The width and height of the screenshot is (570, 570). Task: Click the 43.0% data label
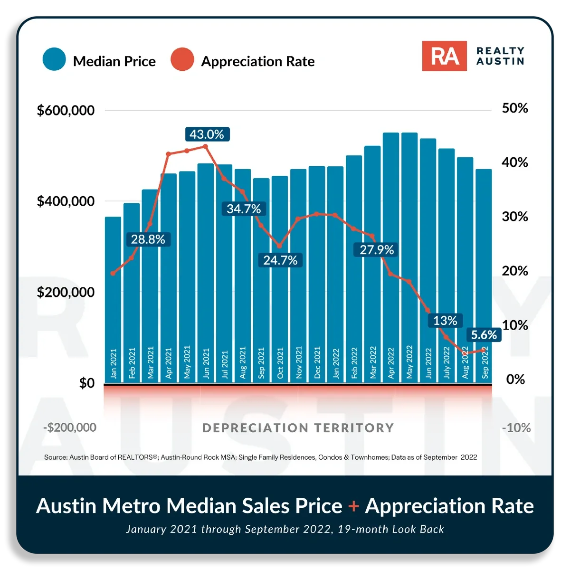(x=207, y=134)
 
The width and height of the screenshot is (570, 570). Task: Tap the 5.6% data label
(x=484, y=334)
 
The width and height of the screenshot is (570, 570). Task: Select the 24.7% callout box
(x=280, y=260)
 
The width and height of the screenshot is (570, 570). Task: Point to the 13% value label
(x=445, y=320)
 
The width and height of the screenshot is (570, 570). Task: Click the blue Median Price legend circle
(x=54, y=59)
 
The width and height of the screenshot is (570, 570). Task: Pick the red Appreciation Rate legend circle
(x=182, y=59)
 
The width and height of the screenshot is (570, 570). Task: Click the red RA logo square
(x=444, y=56)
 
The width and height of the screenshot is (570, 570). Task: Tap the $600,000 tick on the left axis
(x=66, y=110)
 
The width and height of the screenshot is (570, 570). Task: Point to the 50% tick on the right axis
(x=515, y=108)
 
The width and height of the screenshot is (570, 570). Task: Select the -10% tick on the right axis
(x=516, y=427)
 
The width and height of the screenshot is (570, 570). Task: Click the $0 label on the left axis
(x=86, y=383)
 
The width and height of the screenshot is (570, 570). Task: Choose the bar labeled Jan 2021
(x=113, y=300)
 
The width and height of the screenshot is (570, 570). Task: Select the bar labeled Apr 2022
(x=391, y=258)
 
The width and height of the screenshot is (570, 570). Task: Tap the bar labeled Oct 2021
(x=279, y=279)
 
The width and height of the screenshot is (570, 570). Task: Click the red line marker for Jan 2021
(x=113, y=273)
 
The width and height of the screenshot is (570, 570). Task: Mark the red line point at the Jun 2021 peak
(x=206, y=146)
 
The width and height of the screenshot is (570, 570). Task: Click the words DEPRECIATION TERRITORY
(x=298, y=427)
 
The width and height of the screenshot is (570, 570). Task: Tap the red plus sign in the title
(x=353, y=506)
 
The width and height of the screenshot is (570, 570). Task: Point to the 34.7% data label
(x=244, y=209)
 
